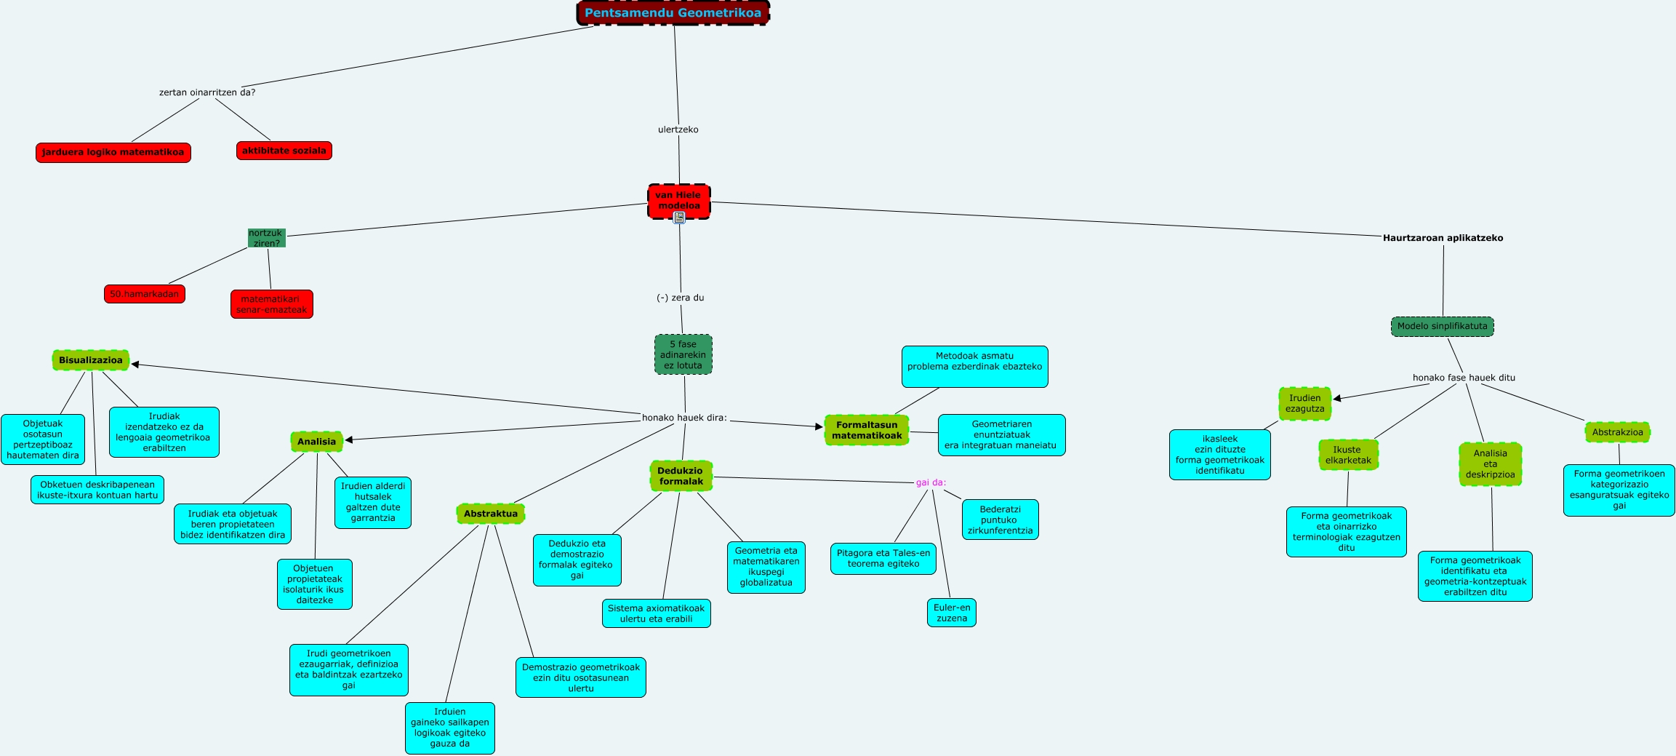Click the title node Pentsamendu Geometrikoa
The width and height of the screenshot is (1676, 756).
[673, 13]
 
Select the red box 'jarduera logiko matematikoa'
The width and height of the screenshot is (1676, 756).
[113, 153]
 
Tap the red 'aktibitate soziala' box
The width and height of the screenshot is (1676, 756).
[284, 151]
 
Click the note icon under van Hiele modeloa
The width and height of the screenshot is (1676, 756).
[679, 217]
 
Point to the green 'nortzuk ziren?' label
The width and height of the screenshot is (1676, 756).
[266, 238]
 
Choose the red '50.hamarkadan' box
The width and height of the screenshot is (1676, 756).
[144, 294]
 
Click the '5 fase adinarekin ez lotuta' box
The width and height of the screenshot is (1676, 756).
[683, 354]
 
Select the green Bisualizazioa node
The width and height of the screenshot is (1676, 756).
[91, 360]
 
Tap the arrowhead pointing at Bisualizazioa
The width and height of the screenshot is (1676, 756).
[135, 365]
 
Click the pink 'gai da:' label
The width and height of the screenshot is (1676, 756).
[931, 482]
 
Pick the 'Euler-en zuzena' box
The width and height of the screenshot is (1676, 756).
[951, 613]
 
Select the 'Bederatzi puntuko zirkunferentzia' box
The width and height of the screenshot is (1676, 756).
[1000, 520]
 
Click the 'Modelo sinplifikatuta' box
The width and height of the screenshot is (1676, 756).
[1442, 327]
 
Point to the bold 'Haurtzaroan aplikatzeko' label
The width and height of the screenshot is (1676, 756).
[1443, 238]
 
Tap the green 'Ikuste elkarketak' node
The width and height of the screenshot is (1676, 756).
[1348, 455]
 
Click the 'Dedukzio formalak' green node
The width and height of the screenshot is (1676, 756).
[681, 476]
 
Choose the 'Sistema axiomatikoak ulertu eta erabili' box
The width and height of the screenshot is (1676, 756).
[656, 613]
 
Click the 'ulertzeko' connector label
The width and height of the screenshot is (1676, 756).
[678, 130]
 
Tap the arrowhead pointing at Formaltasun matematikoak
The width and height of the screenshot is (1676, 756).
[819, 426]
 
